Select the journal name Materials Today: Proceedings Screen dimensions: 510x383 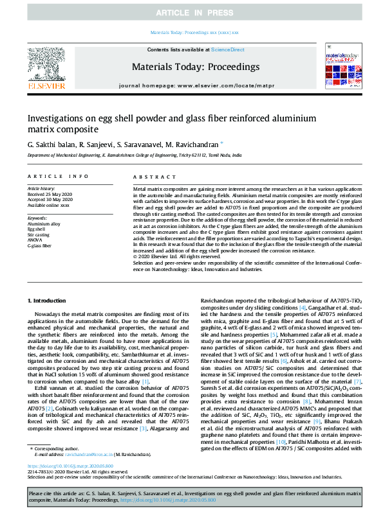click(195, 66)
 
